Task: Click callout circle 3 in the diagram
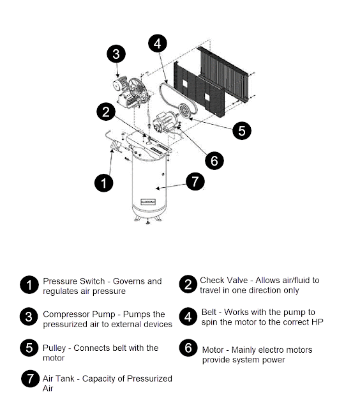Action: point(116,54)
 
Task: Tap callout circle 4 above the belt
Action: point(158,43)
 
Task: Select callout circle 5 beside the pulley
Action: point(242,130)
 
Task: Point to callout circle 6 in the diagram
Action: point(214,160)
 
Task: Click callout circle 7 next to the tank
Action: point(195,181)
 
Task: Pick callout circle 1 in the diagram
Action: point(103,183)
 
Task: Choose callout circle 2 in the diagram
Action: point(106,112)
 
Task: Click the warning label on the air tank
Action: point(148,202)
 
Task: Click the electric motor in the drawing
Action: point(165,121)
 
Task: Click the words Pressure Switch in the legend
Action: point(73,281)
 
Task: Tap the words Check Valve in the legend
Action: point(224,280)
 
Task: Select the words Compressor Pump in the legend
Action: point(79,314)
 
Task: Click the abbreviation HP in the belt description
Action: point(317,322)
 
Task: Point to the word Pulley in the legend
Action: point(54,348)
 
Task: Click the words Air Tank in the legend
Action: point(58,378)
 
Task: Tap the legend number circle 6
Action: point(188,348)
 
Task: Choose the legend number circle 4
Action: point(188,317)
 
